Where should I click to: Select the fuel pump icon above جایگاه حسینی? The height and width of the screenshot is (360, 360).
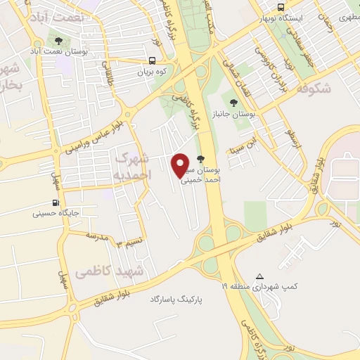[54, 200]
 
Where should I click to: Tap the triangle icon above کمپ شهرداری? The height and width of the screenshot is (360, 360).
[261, 276]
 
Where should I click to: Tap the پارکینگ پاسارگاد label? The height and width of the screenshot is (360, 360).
[175, 300]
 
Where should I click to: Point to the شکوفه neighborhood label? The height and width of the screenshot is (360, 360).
[314, 90]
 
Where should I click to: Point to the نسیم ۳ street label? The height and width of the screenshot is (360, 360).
[129, 243]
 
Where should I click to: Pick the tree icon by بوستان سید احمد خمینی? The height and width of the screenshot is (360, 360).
[202, 159]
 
